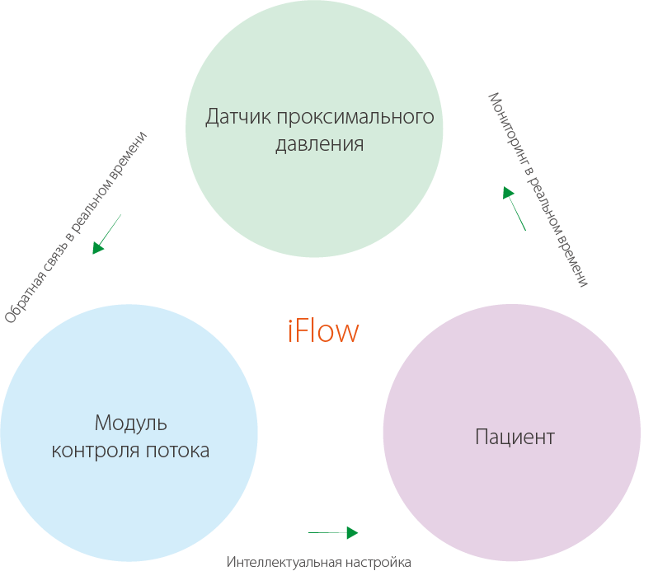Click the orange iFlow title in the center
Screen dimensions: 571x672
click(324, 330)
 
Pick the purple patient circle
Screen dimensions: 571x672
click(511, 494)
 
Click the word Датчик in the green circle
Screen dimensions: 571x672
click(238, 116)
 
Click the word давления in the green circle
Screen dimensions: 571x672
click(319, 144)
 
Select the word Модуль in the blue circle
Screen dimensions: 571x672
click(130, 424)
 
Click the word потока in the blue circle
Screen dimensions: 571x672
click(177, 451)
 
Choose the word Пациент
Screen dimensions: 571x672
click(515, 437)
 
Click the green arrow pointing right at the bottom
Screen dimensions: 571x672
click(333, 532)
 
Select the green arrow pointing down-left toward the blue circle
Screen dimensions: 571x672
click(106, 234)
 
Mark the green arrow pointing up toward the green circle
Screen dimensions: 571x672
click(514, 208)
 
